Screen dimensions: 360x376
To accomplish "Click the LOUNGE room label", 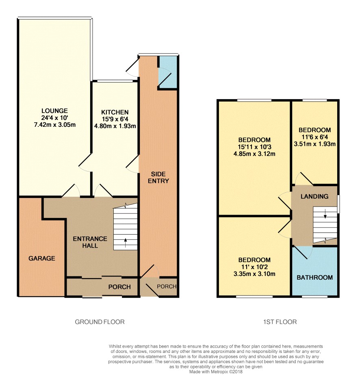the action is click(54, 111).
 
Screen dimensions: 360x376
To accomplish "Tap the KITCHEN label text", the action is click(115, 112).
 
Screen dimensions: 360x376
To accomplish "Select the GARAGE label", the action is click(42, 258).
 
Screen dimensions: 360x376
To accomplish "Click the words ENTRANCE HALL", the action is click(90, 242).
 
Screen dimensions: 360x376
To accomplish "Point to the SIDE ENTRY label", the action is click(158, 178).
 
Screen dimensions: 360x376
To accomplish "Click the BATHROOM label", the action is click(315, 278).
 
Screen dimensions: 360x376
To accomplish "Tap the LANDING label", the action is click(314, 196).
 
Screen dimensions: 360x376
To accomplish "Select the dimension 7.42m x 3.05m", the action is click(55, 125).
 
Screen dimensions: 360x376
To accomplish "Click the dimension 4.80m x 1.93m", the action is click(115, 126).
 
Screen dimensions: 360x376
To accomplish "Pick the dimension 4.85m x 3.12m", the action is click(254, 154).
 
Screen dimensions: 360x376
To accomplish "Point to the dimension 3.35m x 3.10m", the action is click(254, 274).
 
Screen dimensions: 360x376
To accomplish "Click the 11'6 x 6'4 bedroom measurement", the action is click(314, 137).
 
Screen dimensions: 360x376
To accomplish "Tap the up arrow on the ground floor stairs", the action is click(126, 242).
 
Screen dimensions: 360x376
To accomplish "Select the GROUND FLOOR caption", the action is click(100, 322).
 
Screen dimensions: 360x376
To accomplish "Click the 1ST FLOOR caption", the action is click(280, 322).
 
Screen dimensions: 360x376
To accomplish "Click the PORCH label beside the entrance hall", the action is click(119, 287).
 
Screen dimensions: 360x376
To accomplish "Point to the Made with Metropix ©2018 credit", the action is click(216, 372).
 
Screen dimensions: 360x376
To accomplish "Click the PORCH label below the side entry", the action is click(167, 286).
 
